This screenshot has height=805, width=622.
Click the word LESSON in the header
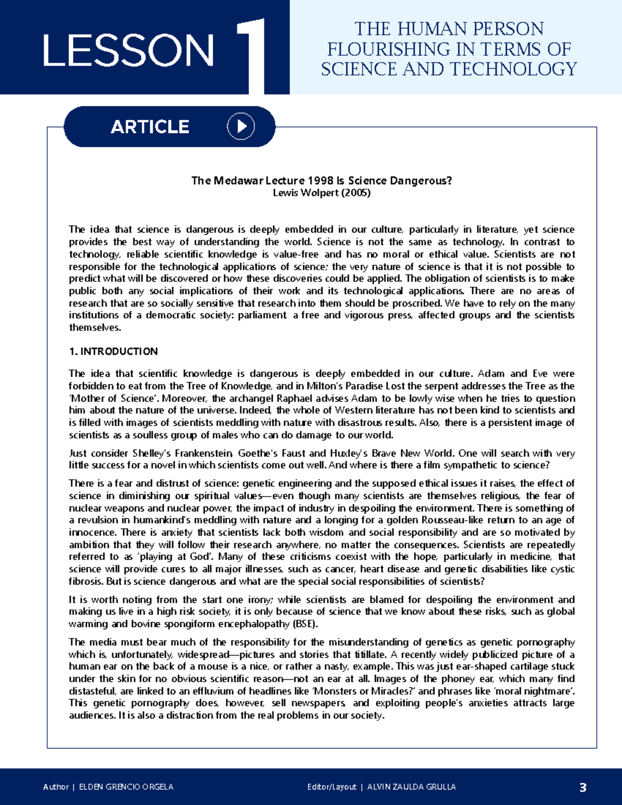[128, 50]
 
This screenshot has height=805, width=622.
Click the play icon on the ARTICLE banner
[241, 126]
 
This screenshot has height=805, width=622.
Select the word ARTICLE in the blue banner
[150, 127]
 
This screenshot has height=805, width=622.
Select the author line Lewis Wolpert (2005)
[321, 193]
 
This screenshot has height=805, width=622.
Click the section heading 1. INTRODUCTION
[113, 351]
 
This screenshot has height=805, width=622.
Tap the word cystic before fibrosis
[560, 569]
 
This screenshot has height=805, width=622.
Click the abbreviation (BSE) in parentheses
[305, 624]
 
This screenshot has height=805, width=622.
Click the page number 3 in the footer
[583, 787]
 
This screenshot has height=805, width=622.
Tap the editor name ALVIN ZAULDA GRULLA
[412, 787]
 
